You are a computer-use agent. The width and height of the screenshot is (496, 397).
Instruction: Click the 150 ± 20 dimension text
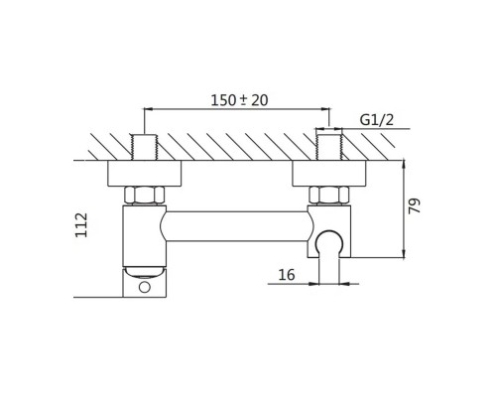pyautogui.click(x=239, y=100)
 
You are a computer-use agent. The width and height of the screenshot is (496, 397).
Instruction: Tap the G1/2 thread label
pyautogui.click(x=377, y=120)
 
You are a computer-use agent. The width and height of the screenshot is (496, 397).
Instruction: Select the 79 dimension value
pyautogui.click(x=414, y=205)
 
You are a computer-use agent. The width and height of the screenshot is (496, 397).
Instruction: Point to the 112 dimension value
pyautogui.click(x=81, y=225)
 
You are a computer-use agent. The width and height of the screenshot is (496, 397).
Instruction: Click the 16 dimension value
pyautogui.click(x=287, y=275)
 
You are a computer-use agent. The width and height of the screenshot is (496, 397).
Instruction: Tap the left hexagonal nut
pyautogui.click(x=145, y=195)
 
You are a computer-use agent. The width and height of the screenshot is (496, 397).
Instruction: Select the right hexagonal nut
pyautogui.click(x=329, y=195)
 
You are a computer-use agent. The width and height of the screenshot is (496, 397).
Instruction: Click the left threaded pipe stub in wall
pyautogui.click(x=145, y=147)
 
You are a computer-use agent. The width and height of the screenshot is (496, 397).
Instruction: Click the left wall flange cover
pyautogui.click(x=145, y=173)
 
